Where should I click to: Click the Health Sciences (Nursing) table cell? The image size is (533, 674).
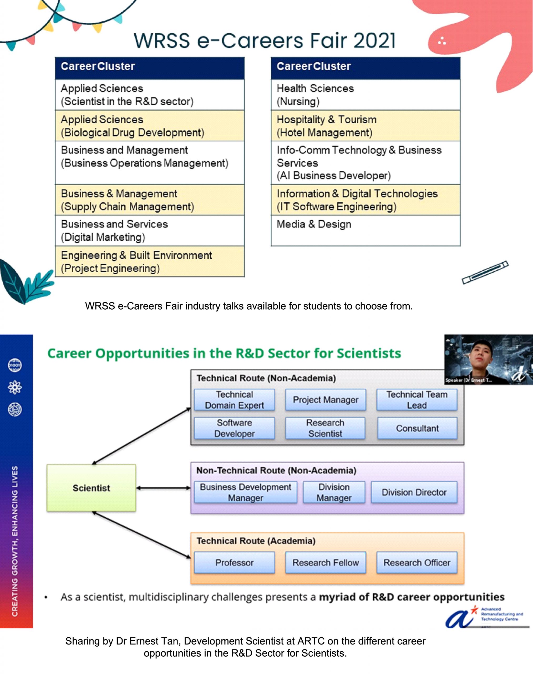coord(366,95)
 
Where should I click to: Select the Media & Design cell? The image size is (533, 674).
coord(366,230)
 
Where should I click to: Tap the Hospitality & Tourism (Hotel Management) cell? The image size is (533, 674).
coord(366,126)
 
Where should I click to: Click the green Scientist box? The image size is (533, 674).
coord(91,488)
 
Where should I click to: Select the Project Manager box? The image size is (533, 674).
coord(326,400)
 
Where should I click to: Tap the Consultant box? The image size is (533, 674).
coord(417,428)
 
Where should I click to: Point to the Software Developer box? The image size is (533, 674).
coord(234,428)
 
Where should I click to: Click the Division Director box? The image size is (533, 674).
coord(414,492)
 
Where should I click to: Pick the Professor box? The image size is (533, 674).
coord(234,562)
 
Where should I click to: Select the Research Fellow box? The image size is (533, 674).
coord(326,562)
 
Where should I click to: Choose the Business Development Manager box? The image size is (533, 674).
coord(246,492)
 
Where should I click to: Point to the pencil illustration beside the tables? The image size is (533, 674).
coord(485,272)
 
